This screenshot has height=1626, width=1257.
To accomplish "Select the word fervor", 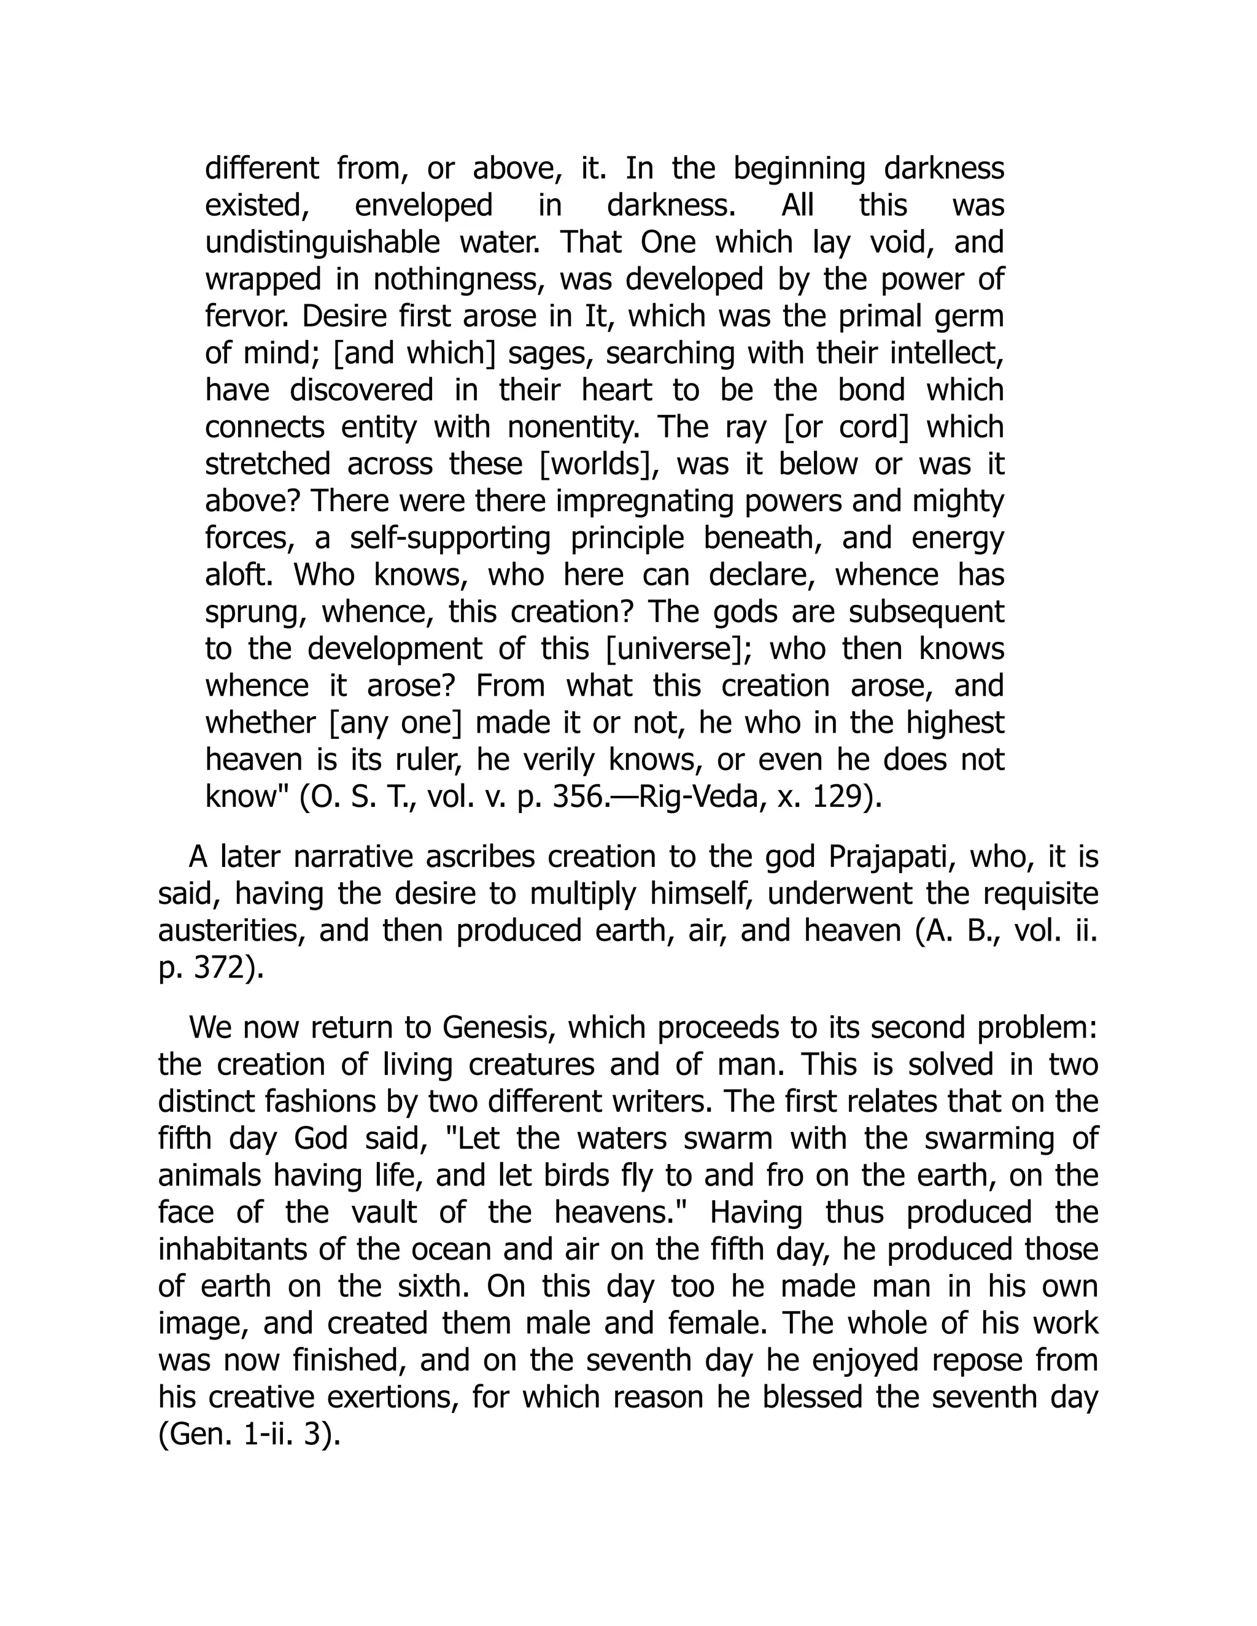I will point(248,317).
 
